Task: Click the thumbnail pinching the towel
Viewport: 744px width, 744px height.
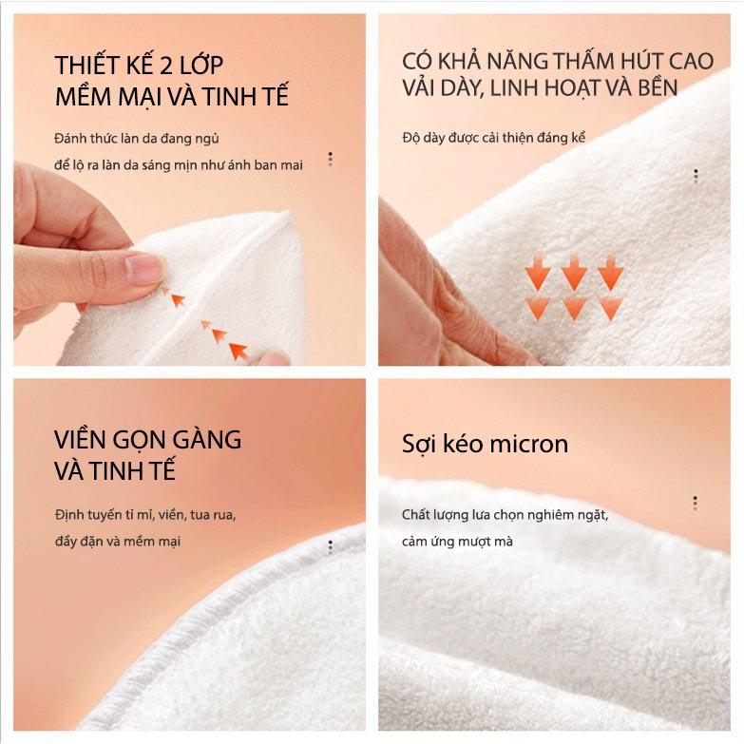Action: click(144, 268)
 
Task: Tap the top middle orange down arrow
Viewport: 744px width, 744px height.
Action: click(574, 272)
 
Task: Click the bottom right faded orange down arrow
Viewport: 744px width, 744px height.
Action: click(611, 309)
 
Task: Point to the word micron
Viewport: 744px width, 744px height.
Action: click(529, 445)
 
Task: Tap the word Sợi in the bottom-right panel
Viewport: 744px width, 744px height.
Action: click(419, 445)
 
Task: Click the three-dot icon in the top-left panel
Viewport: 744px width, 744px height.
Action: click(331, 159)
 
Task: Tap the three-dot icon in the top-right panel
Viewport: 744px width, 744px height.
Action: click(696, 176)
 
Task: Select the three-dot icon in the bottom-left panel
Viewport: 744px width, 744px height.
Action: click(331, 546)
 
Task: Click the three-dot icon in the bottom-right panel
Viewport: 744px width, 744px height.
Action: click(696, 503)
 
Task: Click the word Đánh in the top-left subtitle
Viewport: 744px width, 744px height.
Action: click(70, 139)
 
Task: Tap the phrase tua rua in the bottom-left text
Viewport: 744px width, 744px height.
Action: click(213, 515)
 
